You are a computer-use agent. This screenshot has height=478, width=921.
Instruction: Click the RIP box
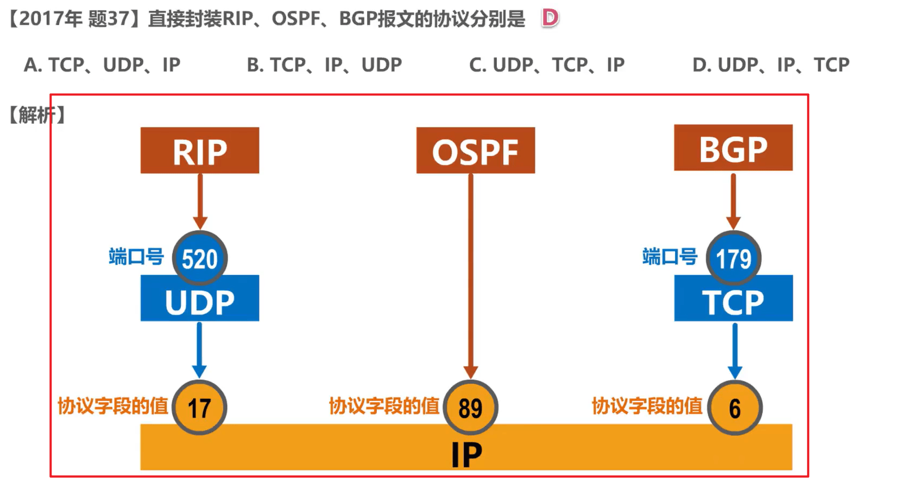[200, 150]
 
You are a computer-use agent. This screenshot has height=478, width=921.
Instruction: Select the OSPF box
[476, 150]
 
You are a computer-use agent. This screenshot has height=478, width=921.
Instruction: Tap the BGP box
[734, 148]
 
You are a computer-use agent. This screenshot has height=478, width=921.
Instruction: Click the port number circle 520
[200, 258]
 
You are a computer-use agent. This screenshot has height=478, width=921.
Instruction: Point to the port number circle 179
[734, 258]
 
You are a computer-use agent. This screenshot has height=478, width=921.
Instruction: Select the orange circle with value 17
[200, 407]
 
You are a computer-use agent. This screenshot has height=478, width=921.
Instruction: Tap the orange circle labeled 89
[471, 407]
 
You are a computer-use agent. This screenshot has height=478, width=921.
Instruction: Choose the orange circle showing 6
[735, 407]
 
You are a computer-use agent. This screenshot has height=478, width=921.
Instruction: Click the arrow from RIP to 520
[200, 201]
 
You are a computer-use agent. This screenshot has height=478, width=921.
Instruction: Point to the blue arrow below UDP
[199, 350]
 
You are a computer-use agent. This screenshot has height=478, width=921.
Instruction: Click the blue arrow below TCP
[735, 350]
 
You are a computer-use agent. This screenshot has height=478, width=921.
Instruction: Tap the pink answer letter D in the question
[550, 18]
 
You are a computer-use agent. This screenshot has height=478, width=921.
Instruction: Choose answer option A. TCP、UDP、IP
[102, 65]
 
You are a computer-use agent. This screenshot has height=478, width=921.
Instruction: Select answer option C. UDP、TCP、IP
[547, 65]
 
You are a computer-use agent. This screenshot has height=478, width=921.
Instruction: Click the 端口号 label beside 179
[670, 257]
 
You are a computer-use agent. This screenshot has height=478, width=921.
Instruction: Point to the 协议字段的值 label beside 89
[384, 406]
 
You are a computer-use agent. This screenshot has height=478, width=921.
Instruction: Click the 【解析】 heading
[37, 115]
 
